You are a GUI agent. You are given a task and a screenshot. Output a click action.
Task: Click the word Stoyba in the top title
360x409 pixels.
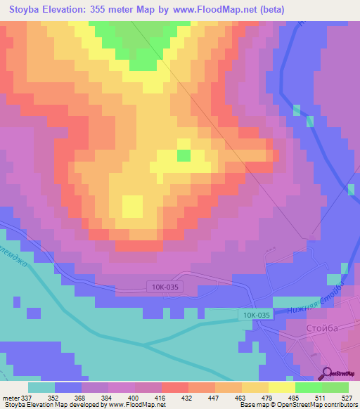(x=30, y=10)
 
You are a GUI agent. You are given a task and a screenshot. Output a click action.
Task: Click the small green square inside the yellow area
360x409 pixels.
(x=183, y=155)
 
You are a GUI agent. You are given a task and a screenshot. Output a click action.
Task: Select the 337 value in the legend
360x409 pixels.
(x=28, y=397)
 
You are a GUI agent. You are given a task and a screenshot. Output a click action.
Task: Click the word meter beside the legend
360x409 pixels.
(x=11, y=397)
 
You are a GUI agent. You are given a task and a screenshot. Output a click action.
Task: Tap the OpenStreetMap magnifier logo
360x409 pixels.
(x=328, y=374)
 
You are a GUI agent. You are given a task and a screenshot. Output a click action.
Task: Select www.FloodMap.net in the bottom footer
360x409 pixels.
(x=131, y=405)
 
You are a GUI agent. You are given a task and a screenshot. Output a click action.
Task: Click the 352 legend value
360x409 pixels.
(x=54, y=397)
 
